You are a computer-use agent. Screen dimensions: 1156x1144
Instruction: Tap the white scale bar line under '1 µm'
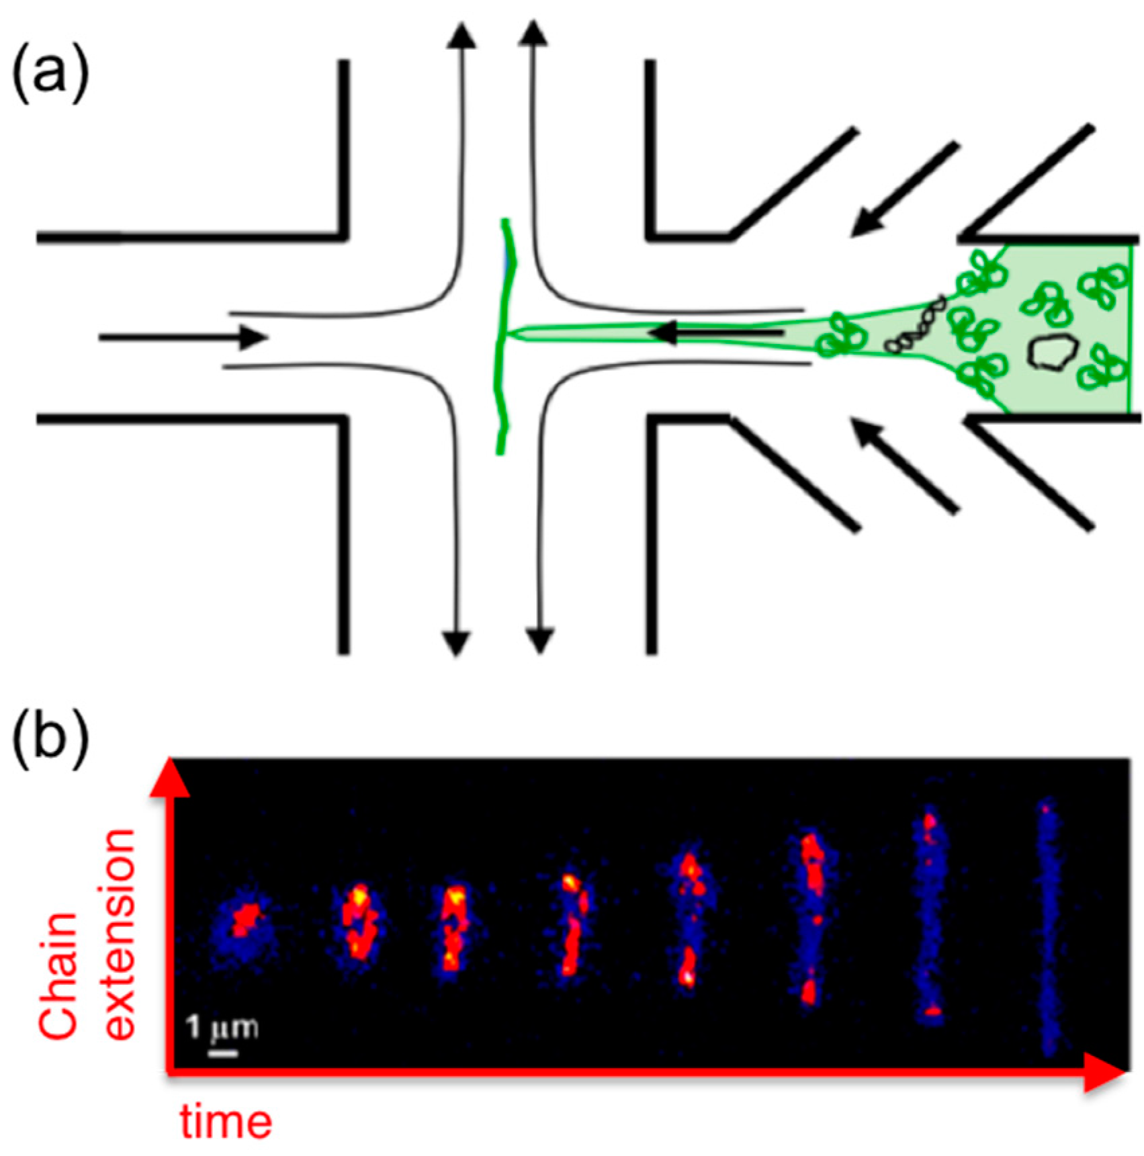click(222, 1053)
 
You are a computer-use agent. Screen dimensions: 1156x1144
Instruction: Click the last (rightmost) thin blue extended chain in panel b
click(1046, 927)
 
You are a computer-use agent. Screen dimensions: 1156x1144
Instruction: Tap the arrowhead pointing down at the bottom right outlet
click(539, 641)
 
